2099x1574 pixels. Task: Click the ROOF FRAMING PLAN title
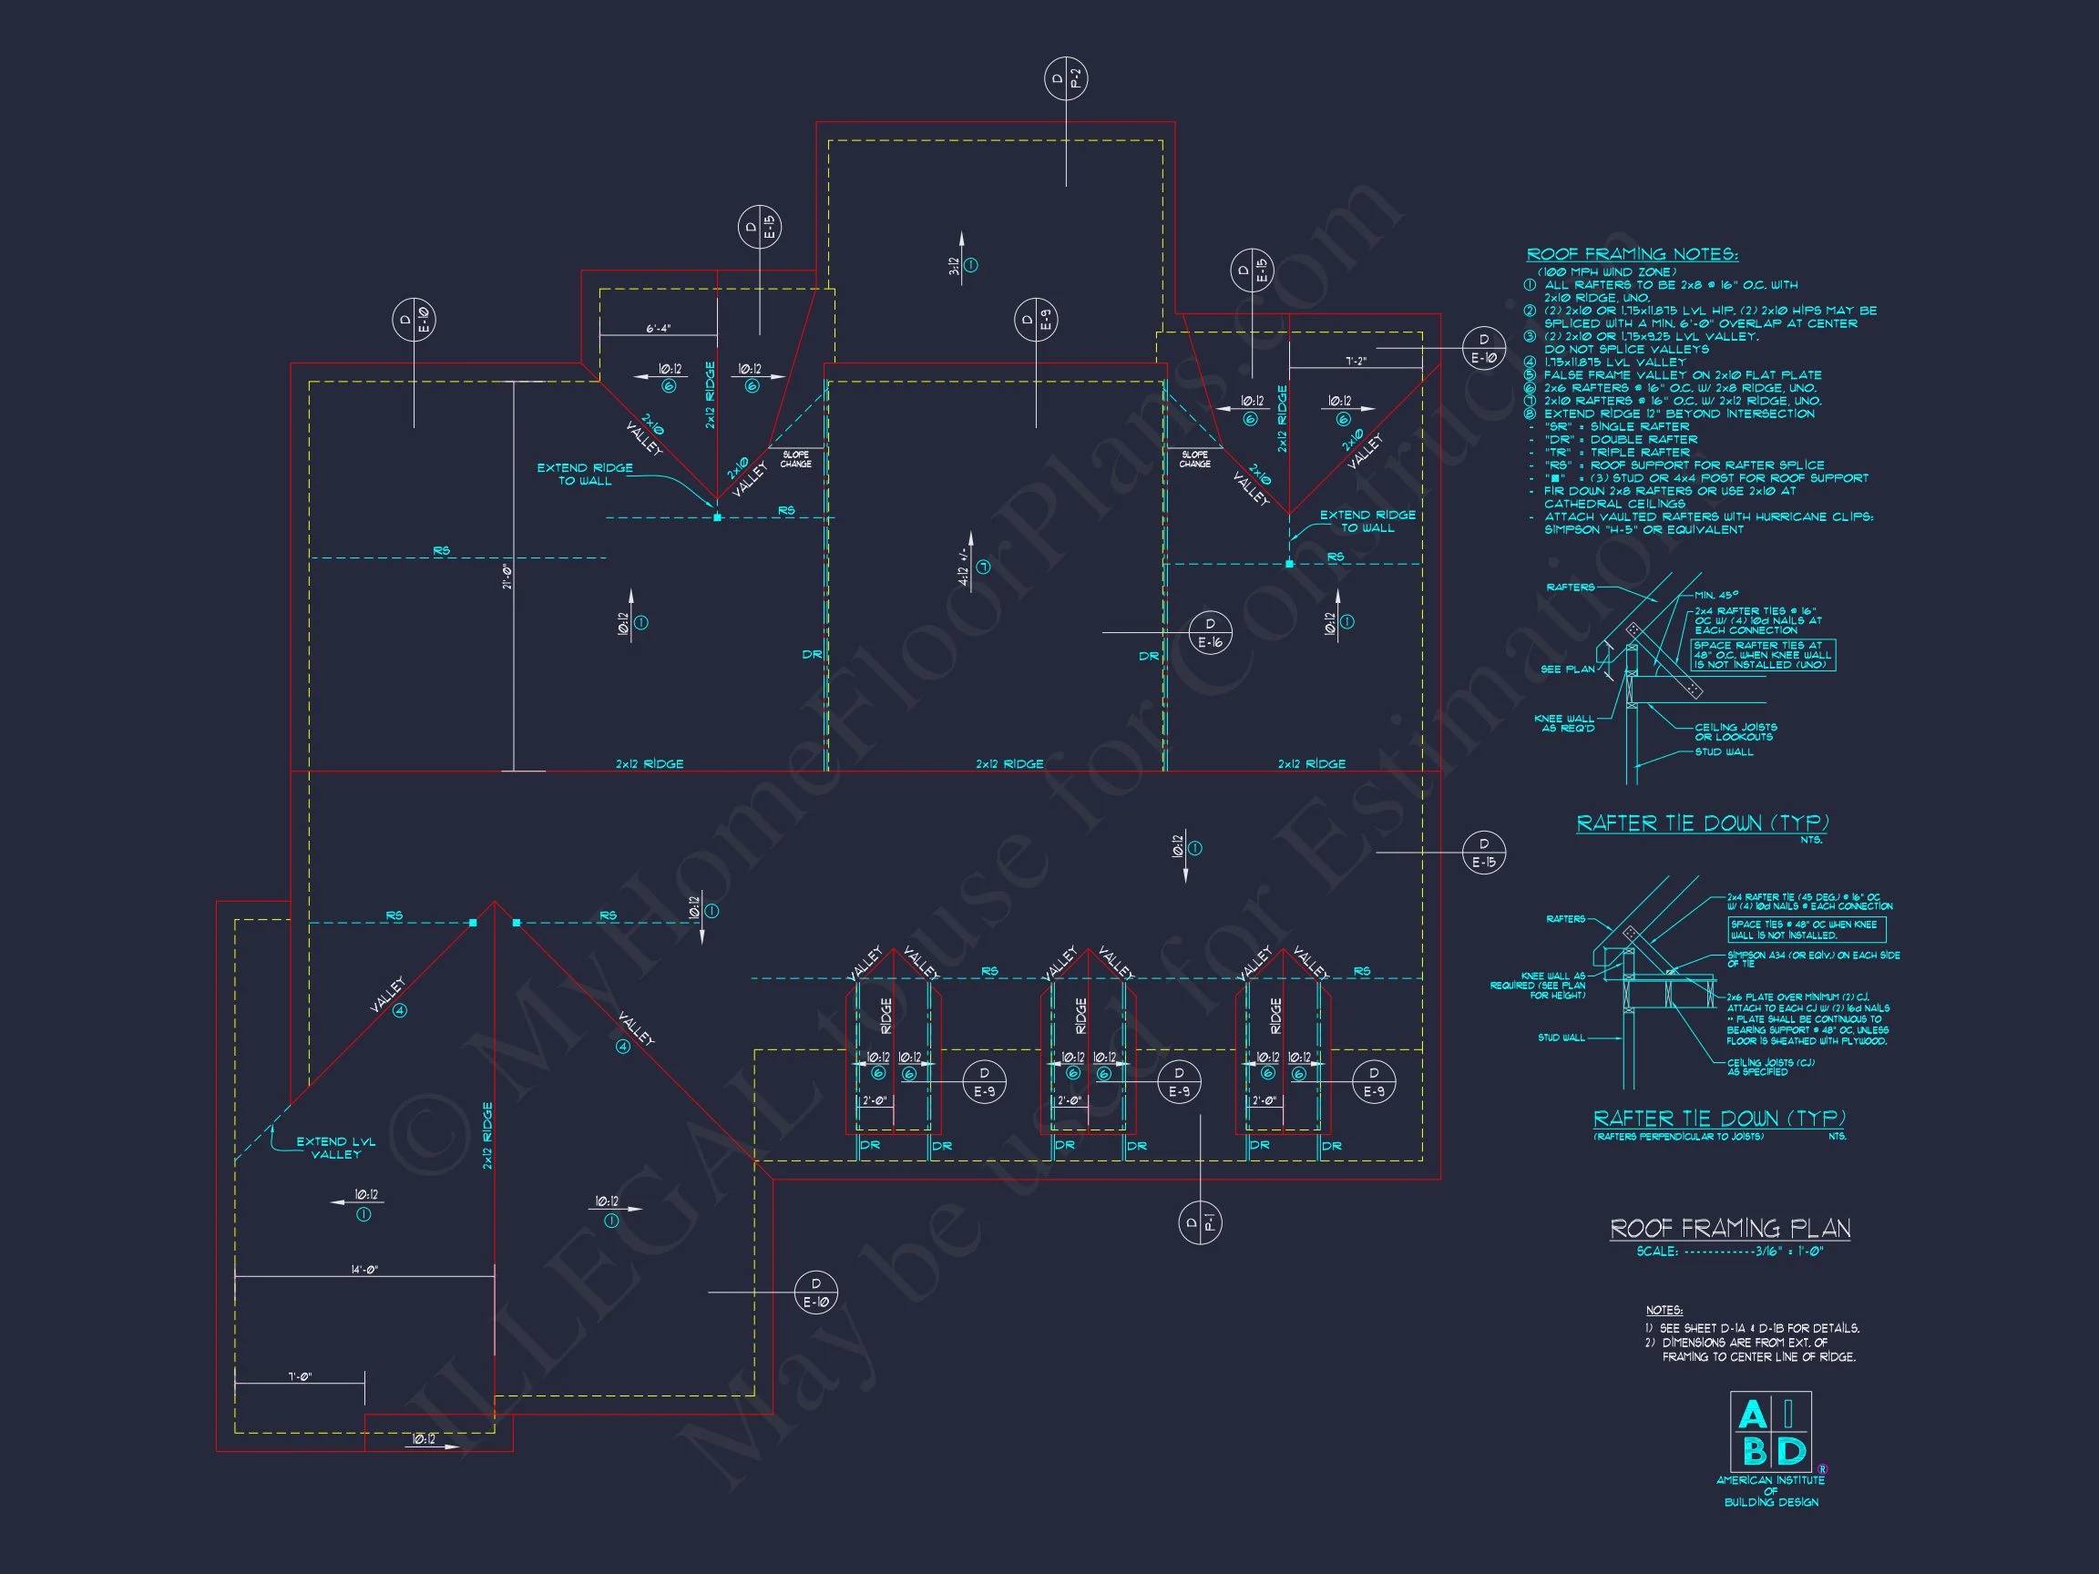coord(1730,1229)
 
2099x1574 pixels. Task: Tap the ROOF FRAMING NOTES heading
coord(1633,254)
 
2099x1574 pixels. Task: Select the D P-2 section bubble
coord(1066,78)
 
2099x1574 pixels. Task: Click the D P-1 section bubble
coord(1200,1222)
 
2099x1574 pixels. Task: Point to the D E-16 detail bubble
coord(1210,633)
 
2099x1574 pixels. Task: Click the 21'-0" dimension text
coord(507,576)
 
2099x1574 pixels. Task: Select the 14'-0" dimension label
coord(364,1270)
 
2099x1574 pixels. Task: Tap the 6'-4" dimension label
coord(659,328)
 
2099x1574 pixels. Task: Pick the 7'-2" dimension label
coord(1356,362)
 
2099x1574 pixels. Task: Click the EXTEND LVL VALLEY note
coord(336,1148)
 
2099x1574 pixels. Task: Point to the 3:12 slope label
coord(955,267)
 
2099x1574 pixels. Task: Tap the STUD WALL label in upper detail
coord(1725,752)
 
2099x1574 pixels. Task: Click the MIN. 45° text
coord(1716,595)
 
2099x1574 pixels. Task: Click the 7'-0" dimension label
coord(300,1376)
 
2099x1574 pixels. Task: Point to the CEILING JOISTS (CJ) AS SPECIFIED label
coord(1771,1068)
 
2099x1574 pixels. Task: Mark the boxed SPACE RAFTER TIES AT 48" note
coord(1763,655)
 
